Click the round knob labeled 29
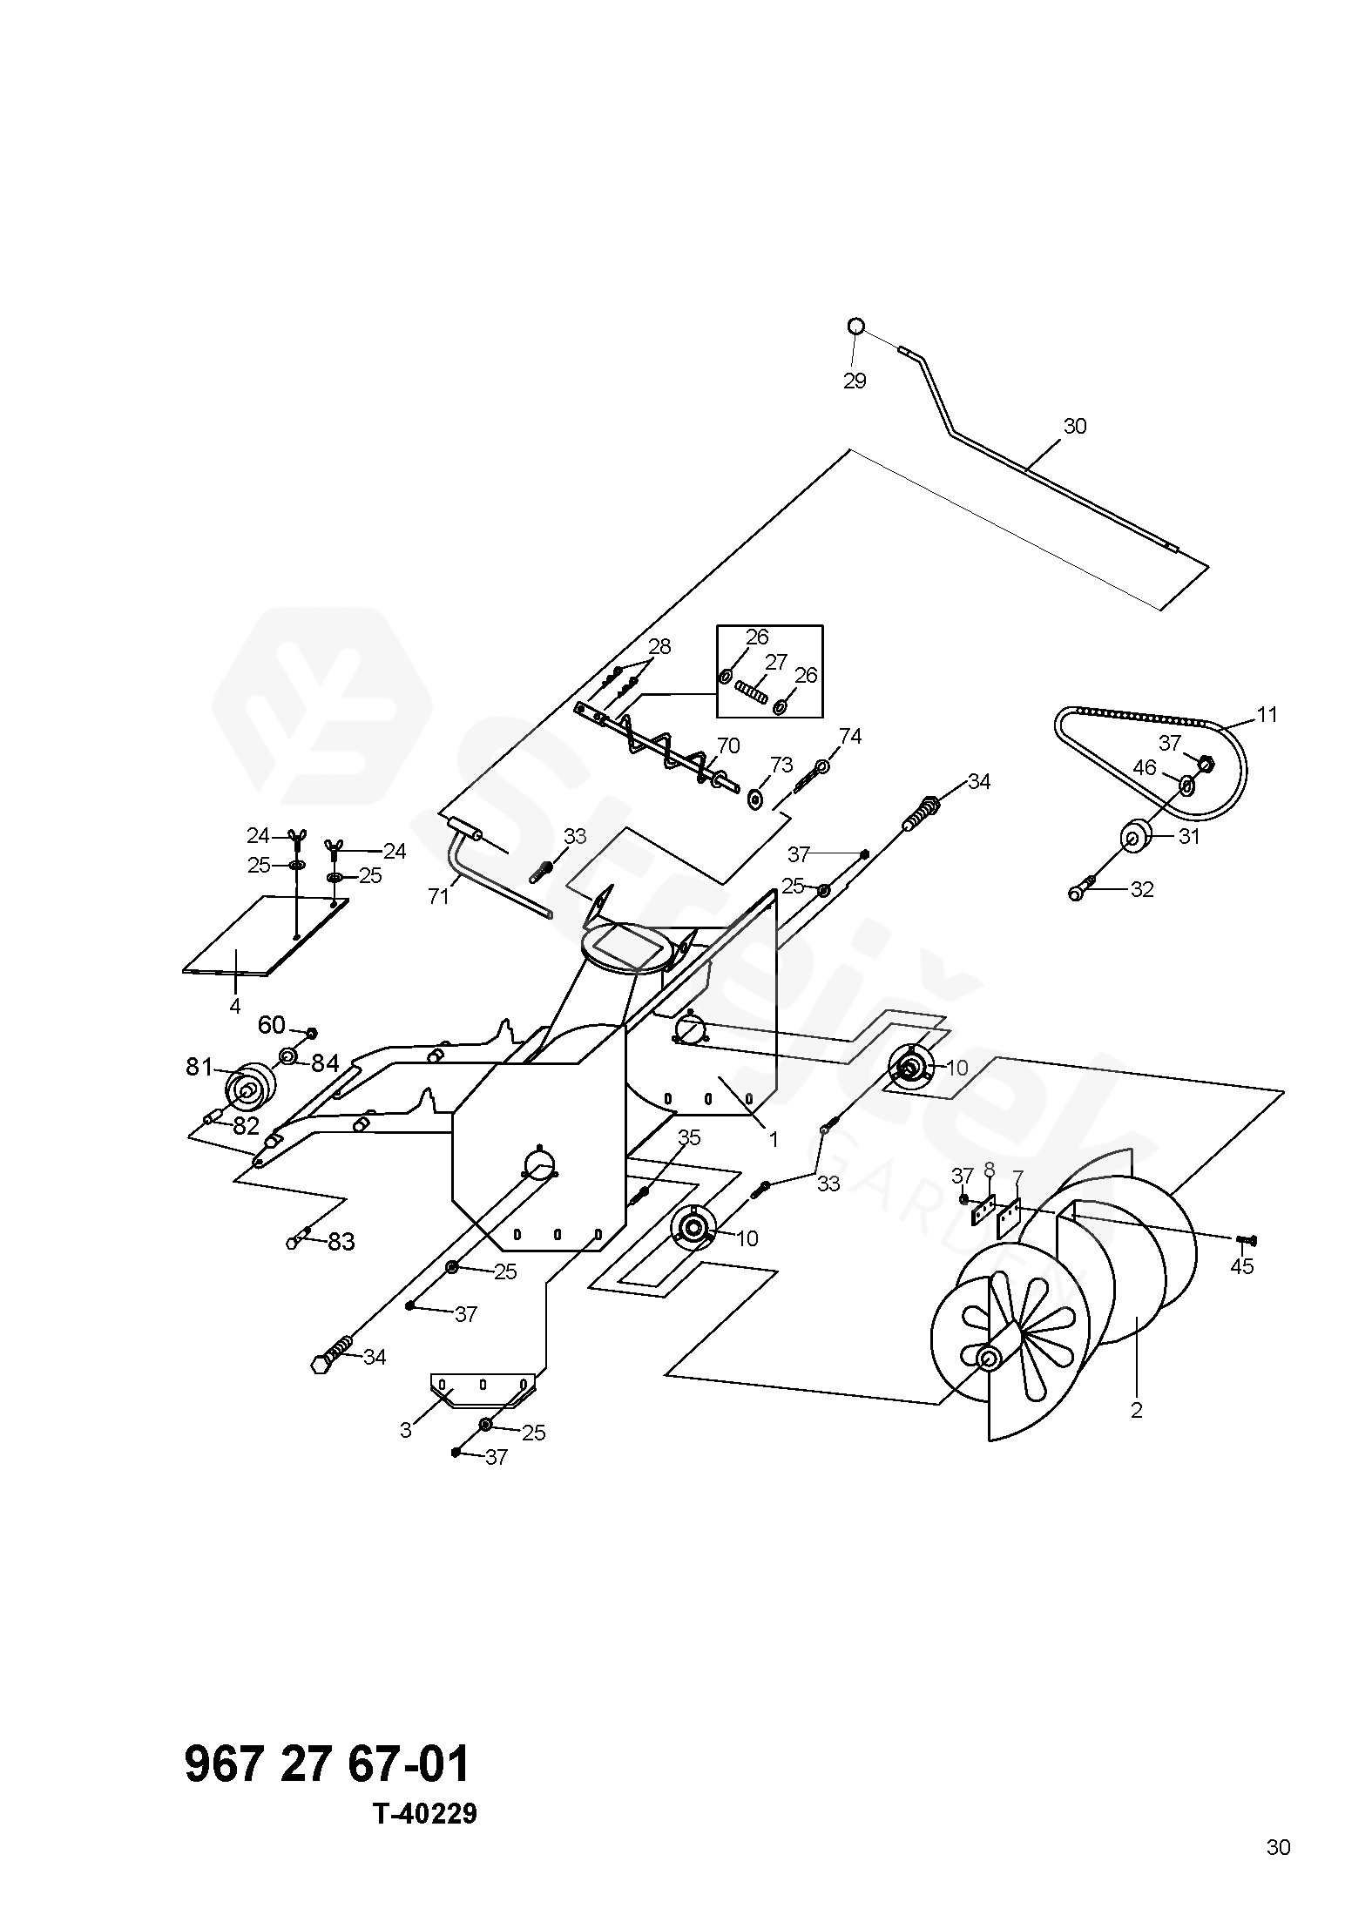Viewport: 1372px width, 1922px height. pyautogui.click(x=856, y=327)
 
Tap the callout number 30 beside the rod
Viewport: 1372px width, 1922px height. pyautogui.click(x=1075, y=427)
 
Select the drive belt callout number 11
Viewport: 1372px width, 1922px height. pyautogui.click(x=1267, y=715)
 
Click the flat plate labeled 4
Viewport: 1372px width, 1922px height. pyautogui.click(x=267, y=935)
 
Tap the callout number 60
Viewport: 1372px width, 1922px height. pyautogui.click(x=271, y=1025)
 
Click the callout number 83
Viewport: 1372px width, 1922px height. pyautogui.click(x=341, y=1242)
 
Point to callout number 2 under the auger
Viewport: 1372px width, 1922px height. pyautogui.click(x=1135, y=1409)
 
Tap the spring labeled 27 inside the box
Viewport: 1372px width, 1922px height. pyautogui.click(x=750, y=693)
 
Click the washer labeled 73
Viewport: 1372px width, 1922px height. pyautogui.click(x=755, y=798)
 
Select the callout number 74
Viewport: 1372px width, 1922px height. pyautogui.click(x=849, y=737)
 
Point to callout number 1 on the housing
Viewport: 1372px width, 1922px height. pyautogui.click(x=773, y=1138)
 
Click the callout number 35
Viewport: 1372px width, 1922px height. pyautogui.click(x=689, y=1137)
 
